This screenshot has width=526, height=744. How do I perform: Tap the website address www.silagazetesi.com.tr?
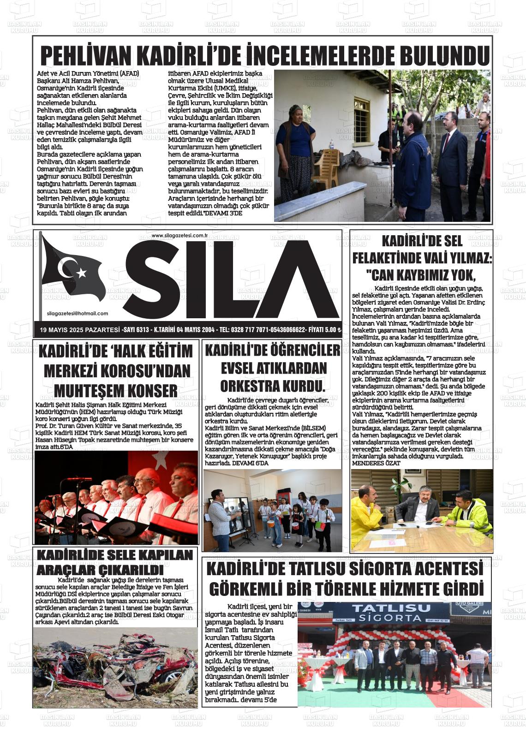(x=180, y=236)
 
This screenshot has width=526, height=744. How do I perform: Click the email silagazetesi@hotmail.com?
(x=78, y=313)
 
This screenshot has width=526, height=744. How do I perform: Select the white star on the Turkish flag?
(x=81, y=273)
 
